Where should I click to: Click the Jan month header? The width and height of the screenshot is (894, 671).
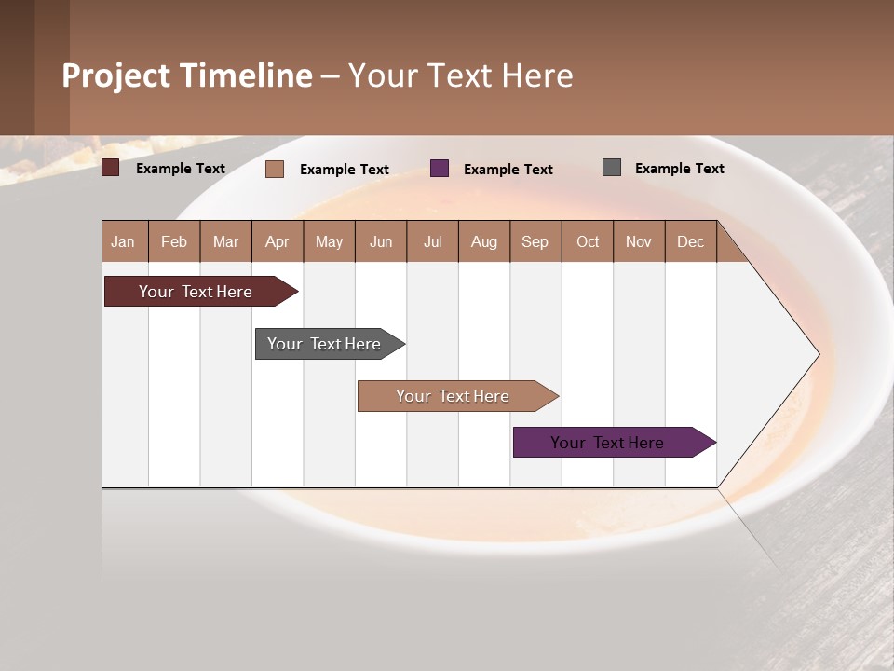point(123,241)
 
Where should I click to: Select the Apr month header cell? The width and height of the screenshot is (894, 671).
point(277,241)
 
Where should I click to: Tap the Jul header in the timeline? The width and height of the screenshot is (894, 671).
point(432,241)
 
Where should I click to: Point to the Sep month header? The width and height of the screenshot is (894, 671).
point(535,241)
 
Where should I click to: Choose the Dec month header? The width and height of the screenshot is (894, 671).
point(690,241)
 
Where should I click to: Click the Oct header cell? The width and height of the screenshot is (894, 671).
point(587,241)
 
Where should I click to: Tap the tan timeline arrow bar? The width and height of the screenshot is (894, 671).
point(454,396)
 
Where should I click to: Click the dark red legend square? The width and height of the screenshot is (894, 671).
point(110,168)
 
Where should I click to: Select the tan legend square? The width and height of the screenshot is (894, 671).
point(274,169)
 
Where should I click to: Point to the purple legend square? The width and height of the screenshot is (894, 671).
point(440,169)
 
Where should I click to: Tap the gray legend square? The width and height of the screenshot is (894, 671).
point(612,168)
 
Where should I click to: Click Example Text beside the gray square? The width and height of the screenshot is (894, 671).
point(679,168)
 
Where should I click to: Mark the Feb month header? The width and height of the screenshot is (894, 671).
point(173,241)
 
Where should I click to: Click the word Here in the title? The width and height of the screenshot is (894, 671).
point(537,75)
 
